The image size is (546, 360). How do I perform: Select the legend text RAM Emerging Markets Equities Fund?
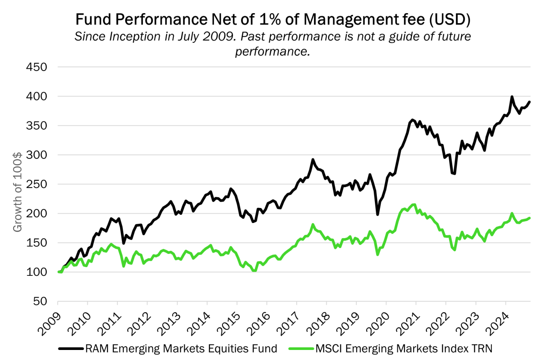[181, 349]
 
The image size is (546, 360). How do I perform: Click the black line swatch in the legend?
[71, 349]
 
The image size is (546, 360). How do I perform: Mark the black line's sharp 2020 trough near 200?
[378, 214]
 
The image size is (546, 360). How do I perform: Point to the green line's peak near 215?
[414, 205]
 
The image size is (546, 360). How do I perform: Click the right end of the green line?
[530, 218]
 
